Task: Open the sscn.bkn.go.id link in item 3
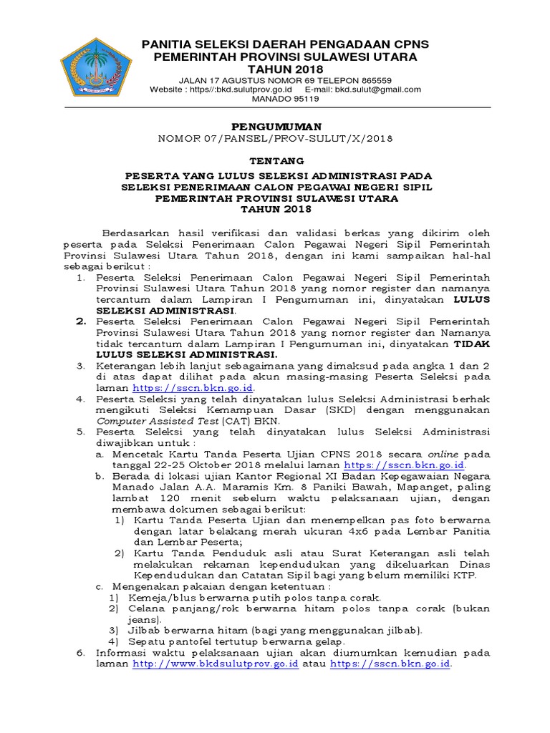tap(193, 387)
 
